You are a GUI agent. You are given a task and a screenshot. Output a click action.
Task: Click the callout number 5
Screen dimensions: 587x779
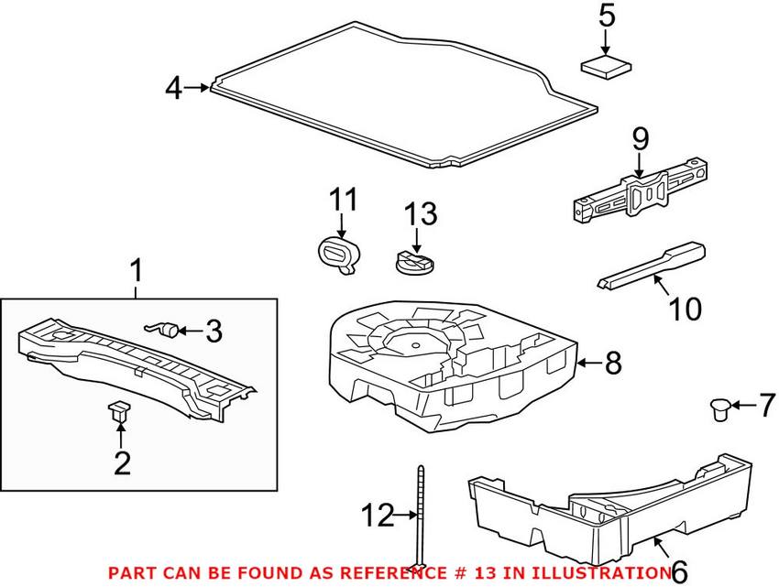tap(604, 16)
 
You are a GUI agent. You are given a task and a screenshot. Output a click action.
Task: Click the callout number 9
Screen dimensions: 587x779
tap(639, 139)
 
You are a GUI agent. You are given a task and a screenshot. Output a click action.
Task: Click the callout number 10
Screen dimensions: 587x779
tap(685, 310)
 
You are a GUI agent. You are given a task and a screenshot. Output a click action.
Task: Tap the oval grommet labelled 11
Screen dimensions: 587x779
tap(339, 253)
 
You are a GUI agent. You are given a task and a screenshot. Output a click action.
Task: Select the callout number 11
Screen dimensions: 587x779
tap(343, 200)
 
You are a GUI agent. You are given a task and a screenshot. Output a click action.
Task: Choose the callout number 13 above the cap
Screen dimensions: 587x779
tap(421, 215)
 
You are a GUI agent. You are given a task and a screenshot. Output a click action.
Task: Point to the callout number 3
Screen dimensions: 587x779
tap(213, 331)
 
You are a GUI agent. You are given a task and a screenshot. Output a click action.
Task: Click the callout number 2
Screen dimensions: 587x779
tap(123, 462)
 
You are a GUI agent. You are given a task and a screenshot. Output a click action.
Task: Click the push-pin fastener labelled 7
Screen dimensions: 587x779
tap(723, 408)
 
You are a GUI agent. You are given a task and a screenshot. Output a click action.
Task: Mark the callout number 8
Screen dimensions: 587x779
tap(611, 364)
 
